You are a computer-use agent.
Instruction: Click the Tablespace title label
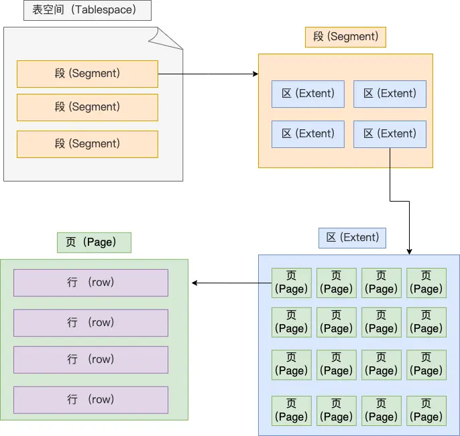[x=87, y=10]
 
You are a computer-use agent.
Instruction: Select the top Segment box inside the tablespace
[x=87, y=74]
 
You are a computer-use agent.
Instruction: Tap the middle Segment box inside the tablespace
[x=87, y=107]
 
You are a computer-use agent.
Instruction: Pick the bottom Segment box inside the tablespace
[x=87, y=144]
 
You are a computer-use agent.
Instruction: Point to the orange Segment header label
[x=345, y=36]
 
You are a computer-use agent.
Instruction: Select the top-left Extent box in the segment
[x=308, y=94]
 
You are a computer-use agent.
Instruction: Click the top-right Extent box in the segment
[x=390, y=94]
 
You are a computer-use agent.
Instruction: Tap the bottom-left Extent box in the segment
[x=308, y=134]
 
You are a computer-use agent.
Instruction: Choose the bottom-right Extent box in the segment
[x=390, y=134]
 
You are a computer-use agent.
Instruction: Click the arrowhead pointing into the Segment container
[x=255, y=74]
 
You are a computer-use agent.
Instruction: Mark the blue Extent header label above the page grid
[x=352, y=237]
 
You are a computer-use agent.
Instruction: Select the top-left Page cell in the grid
[x=292, y=283]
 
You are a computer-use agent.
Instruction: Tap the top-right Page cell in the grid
[x=426, y=283]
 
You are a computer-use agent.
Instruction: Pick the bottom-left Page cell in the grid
[x=292, y=410]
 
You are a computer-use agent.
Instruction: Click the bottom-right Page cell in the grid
[x=426, y=410]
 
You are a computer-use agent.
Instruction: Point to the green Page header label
[x=94, y=242]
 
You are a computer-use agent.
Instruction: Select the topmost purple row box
[x=91, y=283]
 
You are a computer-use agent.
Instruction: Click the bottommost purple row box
[x=91, y=400]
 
